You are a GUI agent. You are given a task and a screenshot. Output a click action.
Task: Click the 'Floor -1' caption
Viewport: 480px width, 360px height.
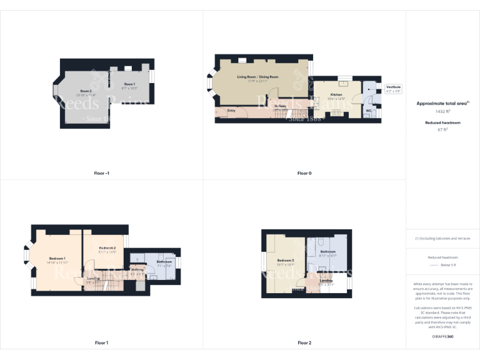(101, 172)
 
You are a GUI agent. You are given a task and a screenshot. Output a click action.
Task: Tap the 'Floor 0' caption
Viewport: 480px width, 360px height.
(304, 172)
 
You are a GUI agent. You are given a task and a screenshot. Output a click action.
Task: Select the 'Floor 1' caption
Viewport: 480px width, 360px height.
(101, 342)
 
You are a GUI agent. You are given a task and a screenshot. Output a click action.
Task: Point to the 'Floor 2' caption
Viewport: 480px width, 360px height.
(304, 342)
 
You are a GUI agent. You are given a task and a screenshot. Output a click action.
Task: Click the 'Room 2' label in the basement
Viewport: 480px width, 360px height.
(86, 91)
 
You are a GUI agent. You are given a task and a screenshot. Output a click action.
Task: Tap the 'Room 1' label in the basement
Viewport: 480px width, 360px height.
(129, 84)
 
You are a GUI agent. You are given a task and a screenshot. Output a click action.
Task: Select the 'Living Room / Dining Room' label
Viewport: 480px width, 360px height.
(257, 77)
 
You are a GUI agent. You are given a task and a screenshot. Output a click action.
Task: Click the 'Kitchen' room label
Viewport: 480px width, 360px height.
(336, 94)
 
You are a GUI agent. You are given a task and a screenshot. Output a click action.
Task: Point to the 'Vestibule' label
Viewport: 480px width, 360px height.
(393, 86)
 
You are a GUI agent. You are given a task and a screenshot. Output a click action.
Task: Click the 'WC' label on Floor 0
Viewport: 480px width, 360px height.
(368, 111)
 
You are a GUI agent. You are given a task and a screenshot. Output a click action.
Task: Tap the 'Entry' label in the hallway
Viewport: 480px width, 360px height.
(231, 111)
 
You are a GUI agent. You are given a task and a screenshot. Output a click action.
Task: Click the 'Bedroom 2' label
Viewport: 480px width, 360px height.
(107, 248)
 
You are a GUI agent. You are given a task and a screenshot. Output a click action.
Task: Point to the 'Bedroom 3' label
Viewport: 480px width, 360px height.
(286, 260)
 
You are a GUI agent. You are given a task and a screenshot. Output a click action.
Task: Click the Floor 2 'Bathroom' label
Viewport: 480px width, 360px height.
(328, 251)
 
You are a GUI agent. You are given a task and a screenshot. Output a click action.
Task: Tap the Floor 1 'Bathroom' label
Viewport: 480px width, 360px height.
(164, 261)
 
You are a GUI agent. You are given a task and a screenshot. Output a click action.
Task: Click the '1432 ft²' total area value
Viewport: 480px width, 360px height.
(442, 111)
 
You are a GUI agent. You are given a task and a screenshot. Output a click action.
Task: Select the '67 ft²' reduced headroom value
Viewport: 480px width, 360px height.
(442, 130)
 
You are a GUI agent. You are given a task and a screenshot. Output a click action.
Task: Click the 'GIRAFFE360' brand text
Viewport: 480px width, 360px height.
(442, 337)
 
